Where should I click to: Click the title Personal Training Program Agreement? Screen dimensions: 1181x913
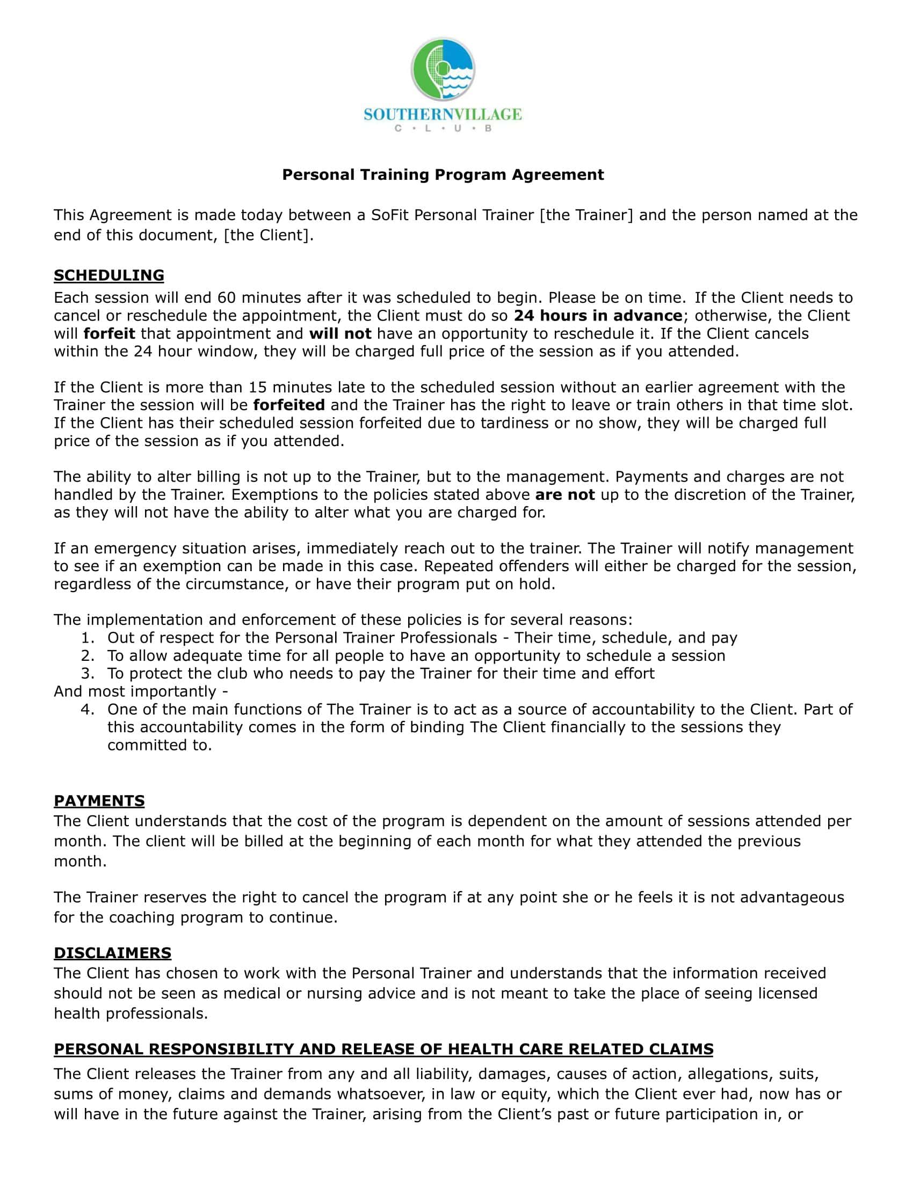pos(443,174)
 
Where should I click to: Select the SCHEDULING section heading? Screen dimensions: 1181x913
pos(108,275)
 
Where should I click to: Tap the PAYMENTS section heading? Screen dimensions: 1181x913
pos(99,801)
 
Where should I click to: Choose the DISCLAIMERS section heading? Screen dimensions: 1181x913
pos(112,953)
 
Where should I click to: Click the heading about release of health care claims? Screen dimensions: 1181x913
pos(383,1049)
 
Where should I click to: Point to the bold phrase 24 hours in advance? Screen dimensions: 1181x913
pos(598,316)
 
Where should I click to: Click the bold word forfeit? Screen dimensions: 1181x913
pos(109,334)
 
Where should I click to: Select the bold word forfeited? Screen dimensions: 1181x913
pos(289,405)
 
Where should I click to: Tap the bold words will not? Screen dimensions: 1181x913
pos(340,334)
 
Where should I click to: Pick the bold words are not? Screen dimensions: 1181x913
pos(564,495)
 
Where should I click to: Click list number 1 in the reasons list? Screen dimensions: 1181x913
pos(88,638)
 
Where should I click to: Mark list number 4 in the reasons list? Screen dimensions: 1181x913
pos(88,710)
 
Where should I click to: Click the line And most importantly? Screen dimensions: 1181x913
pos(141,691)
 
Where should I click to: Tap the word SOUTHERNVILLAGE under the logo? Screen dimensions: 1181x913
pos(443,115)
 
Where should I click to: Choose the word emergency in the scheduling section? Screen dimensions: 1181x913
pos(135,548)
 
